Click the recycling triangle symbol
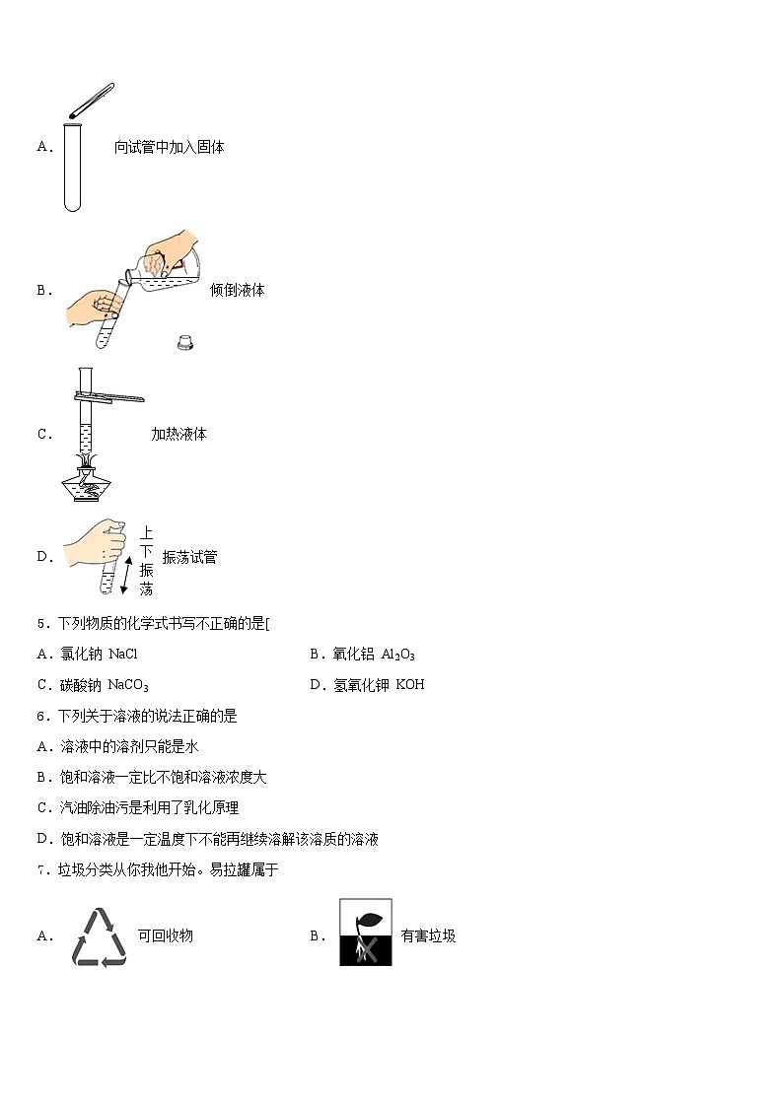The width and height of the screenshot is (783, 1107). pyautogui.click(x=99, y=935)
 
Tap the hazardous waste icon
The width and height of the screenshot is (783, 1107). pyautogui.click(x=366, y=932)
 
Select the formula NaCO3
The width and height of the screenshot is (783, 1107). pyautogui.click(x=128, y=685)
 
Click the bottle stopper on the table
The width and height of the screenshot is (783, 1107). pyautogui.click(x=182, y=342)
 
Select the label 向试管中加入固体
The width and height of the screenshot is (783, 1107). pyautogui.click(x=169, y=148)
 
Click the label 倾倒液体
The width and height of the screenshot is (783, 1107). pyautogui.click(x=237, y=291)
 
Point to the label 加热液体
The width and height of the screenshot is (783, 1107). pyautogui.click(x=178, y=435)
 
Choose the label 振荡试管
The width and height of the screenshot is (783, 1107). pyautogui.click(x=189, y=558)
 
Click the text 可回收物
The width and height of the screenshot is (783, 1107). pyautogui.click(x=165, y=935)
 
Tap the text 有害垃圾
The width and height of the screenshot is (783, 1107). pyautogui.click(x=428, y=936)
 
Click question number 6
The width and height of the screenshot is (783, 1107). pyautogui.click(x=41, y=717)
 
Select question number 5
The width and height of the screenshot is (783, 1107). pyautogui.click(x=41, y=624)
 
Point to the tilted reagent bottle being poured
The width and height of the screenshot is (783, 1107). pyautogui.click(x=169, y=263)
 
